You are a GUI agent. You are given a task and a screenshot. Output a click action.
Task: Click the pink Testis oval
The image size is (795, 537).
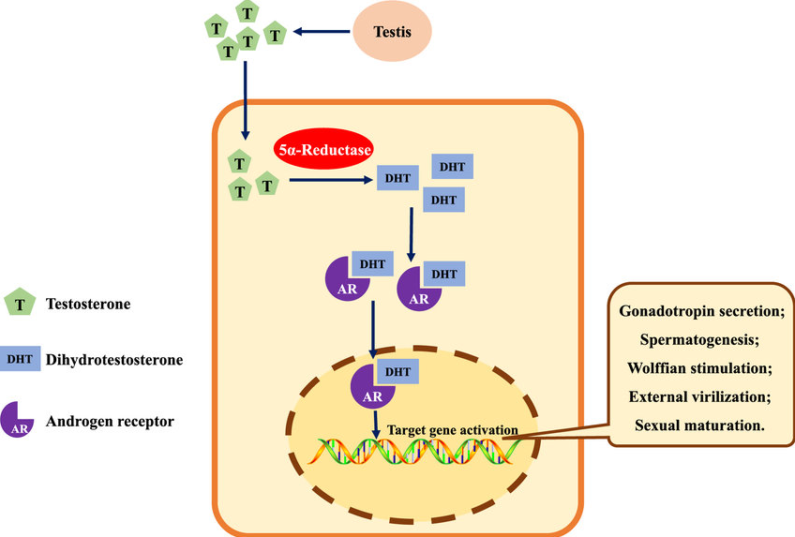point(394,33)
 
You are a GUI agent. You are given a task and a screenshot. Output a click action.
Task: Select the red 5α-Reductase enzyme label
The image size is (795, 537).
point(322,148)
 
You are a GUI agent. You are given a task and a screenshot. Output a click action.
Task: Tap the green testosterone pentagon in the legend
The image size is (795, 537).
point(20,304)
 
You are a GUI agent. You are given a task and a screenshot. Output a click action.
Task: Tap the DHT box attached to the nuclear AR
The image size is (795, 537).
point(398,371)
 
